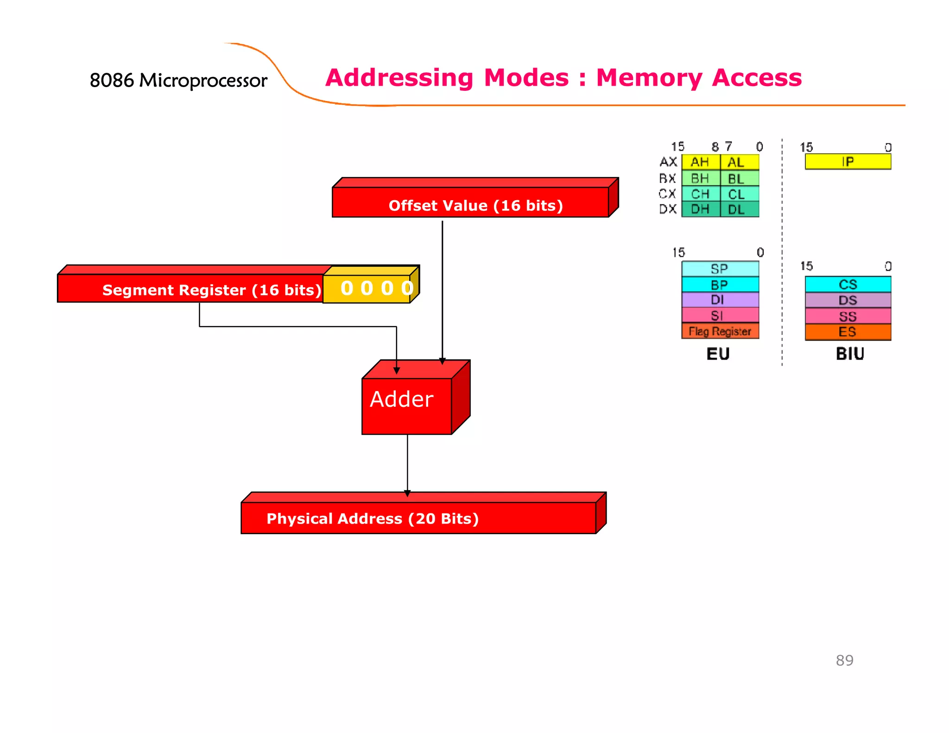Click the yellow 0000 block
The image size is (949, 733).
(x=371, y=288)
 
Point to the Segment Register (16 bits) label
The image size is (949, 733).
(x=211, y=290)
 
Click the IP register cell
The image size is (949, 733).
(x=848, y=162)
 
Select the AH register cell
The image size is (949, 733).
(x=700, y=162)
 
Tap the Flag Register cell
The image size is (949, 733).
(x=720, y=331)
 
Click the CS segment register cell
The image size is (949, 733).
(x=848, y=284)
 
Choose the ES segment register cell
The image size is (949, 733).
(x=848, y=332)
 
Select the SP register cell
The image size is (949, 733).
(x=720, y=269)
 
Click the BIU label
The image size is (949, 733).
(x=850, y=354)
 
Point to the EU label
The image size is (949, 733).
(x=718, y=354)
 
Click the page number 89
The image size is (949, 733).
(x=844, y=660)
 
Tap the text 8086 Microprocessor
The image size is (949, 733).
(x=178, y=81)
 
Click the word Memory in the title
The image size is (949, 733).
(x=649, y=78)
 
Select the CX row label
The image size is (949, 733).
(x=667, y=194)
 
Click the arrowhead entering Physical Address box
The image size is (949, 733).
(x=407, y=494)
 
